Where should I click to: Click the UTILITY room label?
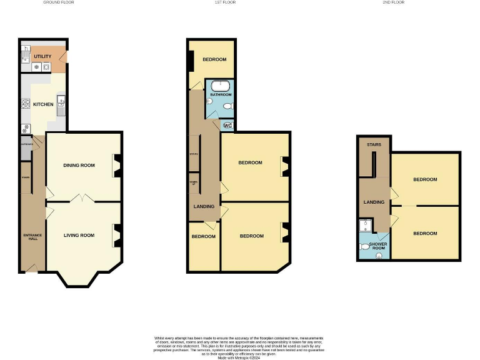pos(42,56)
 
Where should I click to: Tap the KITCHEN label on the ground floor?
pos(43,104)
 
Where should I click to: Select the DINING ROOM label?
pos(79,165)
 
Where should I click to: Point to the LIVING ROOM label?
pos(79,235)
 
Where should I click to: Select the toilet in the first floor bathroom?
pos(229,107)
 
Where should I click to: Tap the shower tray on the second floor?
pos(365,226)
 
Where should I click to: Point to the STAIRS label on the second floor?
pos(374,144)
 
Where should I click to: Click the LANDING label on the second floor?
pos(374,202)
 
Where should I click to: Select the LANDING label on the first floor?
pos(204,206)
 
